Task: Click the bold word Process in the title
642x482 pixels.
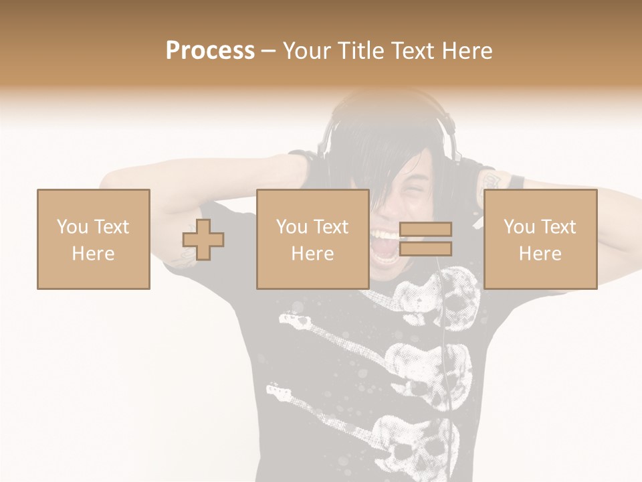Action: click(210, 51)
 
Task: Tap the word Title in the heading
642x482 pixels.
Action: click(360, 51)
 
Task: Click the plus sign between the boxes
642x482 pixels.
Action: click(203, 240)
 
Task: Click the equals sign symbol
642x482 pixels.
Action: click(425, 240)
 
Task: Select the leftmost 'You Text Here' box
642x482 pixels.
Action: click(94, 240)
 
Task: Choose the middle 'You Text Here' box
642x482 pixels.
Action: click(312, 240)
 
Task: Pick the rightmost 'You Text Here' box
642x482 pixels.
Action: click(540, 240)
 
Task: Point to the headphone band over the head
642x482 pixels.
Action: click(388, 100)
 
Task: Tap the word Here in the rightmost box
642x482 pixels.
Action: click(540, 254)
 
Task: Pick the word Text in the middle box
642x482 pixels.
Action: click(330, 227)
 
